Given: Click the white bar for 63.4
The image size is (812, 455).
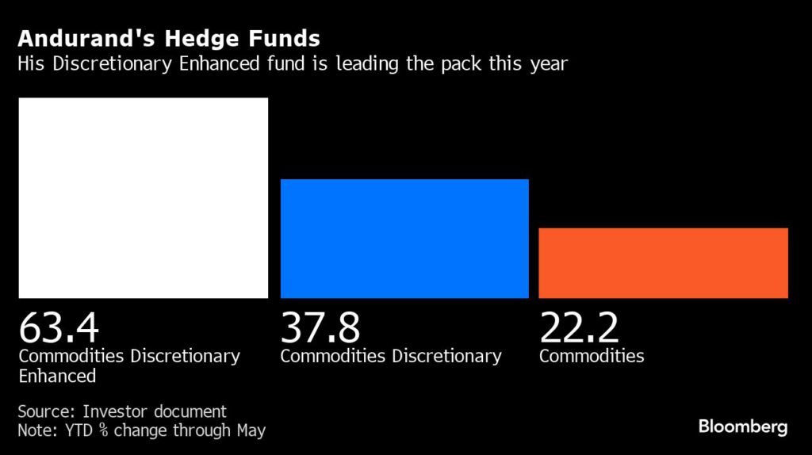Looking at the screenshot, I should point(144,197).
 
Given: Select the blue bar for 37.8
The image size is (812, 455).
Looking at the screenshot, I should point(404,239).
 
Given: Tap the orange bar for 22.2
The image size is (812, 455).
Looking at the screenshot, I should point(663,263).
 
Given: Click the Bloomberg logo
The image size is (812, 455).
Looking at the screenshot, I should point(743,427).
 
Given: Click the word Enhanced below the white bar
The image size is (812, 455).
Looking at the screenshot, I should point(57,376).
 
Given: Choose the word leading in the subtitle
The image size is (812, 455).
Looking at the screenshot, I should point(364,64).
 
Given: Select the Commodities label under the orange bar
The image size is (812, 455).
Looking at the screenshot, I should point(592,356).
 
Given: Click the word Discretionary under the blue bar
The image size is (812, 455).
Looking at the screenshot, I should point(447,356).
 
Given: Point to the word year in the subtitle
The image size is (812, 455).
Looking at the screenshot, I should point(549,64).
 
